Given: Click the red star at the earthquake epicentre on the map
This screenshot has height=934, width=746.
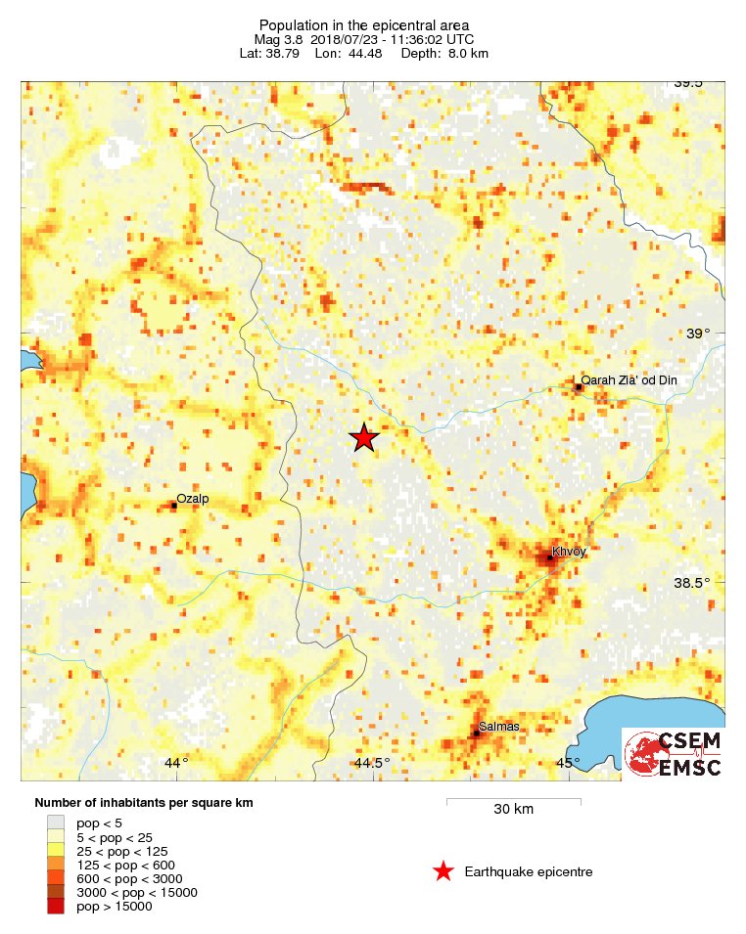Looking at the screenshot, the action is click(x=364, y=438).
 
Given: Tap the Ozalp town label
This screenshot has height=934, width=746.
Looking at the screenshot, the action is click(x=193, y=498).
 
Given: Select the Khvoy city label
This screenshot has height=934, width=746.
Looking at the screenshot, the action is click(x=569, y=552).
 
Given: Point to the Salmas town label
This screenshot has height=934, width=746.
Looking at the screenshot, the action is click(x=500, y=727).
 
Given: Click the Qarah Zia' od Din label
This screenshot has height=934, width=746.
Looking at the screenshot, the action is click(x=629, y=380).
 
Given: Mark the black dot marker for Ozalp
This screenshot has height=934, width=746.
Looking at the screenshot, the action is click(x=174, y=506).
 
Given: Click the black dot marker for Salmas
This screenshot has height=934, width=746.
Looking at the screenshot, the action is click(x=477, y=733).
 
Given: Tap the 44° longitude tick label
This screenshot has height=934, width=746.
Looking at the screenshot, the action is click(x=176, y=763).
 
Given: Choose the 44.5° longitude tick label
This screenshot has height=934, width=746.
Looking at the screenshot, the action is click(x=372, y=763).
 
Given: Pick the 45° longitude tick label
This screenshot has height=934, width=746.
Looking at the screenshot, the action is click(x=568, y=763).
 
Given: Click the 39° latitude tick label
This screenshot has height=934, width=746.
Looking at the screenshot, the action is click(x=698, y=334).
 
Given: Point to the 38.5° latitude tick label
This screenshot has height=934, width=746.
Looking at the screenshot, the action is click(x=692, y=583).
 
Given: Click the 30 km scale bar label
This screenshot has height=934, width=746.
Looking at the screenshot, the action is click(x=513, y=810).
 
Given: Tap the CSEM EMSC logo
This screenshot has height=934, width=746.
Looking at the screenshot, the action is click(x=674, y=753).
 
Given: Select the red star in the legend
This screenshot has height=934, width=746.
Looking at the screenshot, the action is click(x=443, y=871).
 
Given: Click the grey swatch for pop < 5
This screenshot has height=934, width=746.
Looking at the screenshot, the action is click(x=56, y=823).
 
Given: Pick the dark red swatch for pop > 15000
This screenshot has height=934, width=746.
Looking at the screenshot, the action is click(x=56, y=907).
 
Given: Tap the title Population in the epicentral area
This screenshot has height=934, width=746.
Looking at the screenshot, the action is click(x=364, y=24).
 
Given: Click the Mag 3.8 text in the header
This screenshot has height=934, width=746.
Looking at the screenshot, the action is click(x=273, y=39).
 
